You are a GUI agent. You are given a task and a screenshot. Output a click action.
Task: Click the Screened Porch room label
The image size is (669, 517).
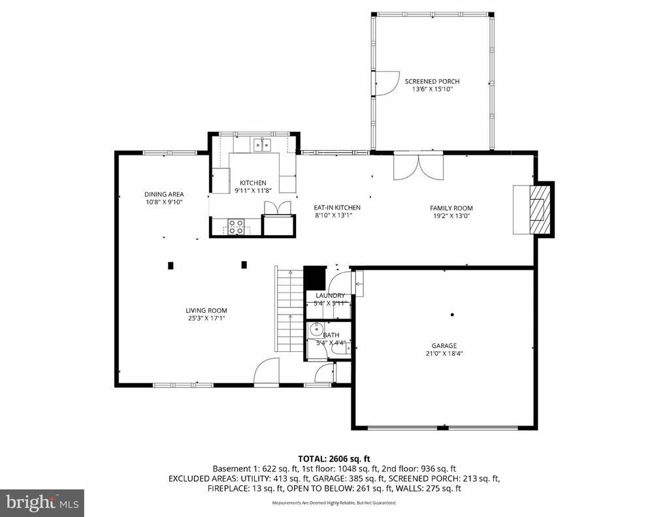click(432, 82)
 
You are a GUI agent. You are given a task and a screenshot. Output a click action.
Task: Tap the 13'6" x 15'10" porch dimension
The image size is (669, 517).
click(432, 89)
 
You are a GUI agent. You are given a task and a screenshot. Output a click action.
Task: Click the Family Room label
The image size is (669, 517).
click(451, 208)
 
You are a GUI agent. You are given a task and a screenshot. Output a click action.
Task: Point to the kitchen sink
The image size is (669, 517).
click(263, 145)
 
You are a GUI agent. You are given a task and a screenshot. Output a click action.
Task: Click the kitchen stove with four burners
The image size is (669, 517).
click(236, 227)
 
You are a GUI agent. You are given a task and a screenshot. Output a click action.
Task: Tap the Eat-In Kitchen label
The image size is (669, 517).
click(337, 208)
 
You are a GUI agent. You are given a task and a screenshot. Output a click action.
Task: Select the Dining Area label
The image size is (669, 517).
click(164, 194)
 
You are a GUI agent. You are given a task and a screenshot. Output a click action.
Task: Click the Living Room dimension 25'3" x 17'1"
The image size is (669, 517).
click(206, 319)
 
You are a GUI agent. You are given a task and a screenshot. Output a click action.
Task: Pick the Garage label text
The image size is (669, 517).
click(444, 346)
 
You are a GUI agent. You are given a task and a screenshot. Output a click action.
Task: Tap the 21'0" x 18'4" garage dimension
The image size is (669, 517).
click(444, 354)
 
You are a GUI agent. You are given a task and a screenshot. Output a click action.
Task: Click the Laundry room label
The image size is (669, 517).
click(330, 296)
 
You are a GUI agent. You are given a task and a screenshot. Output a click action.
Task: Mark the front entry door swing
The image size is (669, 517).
click(266, 373)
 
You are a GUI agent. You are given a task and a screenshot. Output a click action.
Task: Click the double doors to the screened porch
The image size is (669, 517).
click(418, 166)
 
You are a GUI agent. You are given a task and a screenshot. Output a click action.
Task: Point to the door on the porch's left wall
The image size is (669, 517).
click(384, 82)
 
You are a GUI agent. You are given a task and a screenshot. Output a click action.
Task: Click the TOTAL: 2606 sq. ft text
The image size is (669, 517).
click(334, 459)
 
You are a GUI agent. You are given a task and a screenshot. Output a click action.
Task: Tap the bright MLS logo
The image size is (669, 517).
click(42, 503)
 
